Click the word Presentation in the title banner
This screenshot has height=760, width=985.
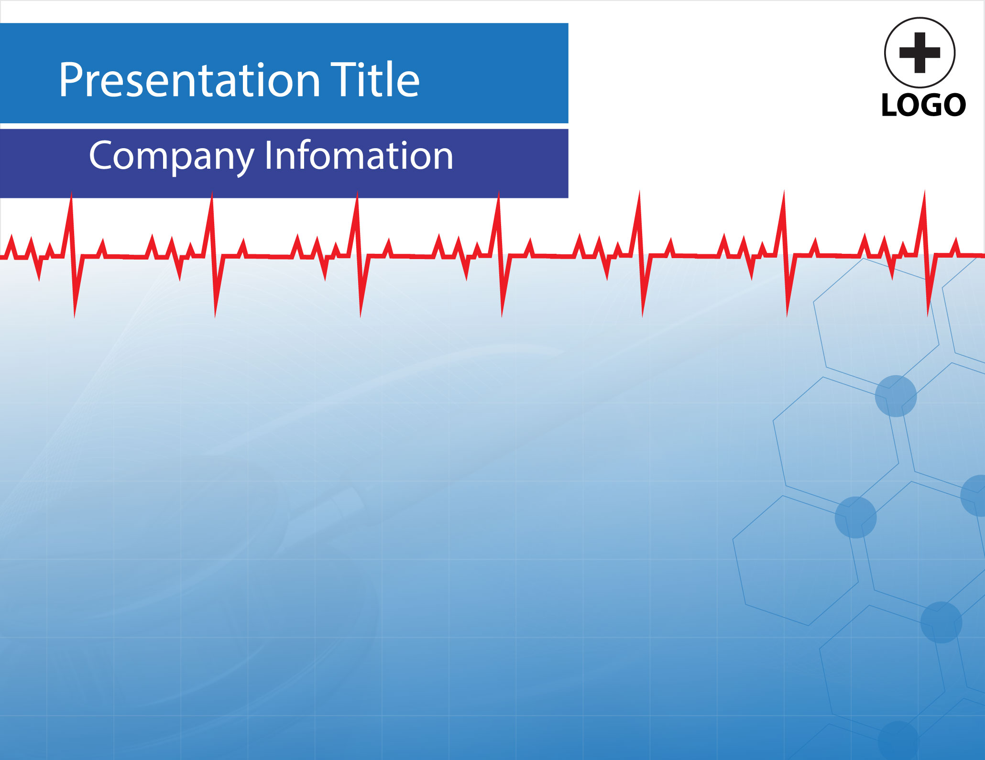coord(189,80)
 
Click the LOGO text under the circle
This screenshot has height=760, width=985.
coord(923,105)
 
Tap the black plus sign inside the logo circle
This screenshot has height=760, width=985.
coord(920,53)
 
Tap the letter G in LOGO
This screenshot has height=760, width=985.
coord(926,105)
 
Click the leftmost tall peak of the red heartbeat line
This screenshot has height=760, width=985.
coord(72,194)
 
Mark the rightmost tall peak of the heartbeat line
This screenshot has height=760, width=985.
coord(924,192)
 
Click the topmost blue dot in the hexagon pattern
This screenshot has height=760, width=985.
coord(896,396)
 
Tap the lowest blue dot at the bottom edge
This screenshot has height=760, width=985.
coord(898,740)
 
